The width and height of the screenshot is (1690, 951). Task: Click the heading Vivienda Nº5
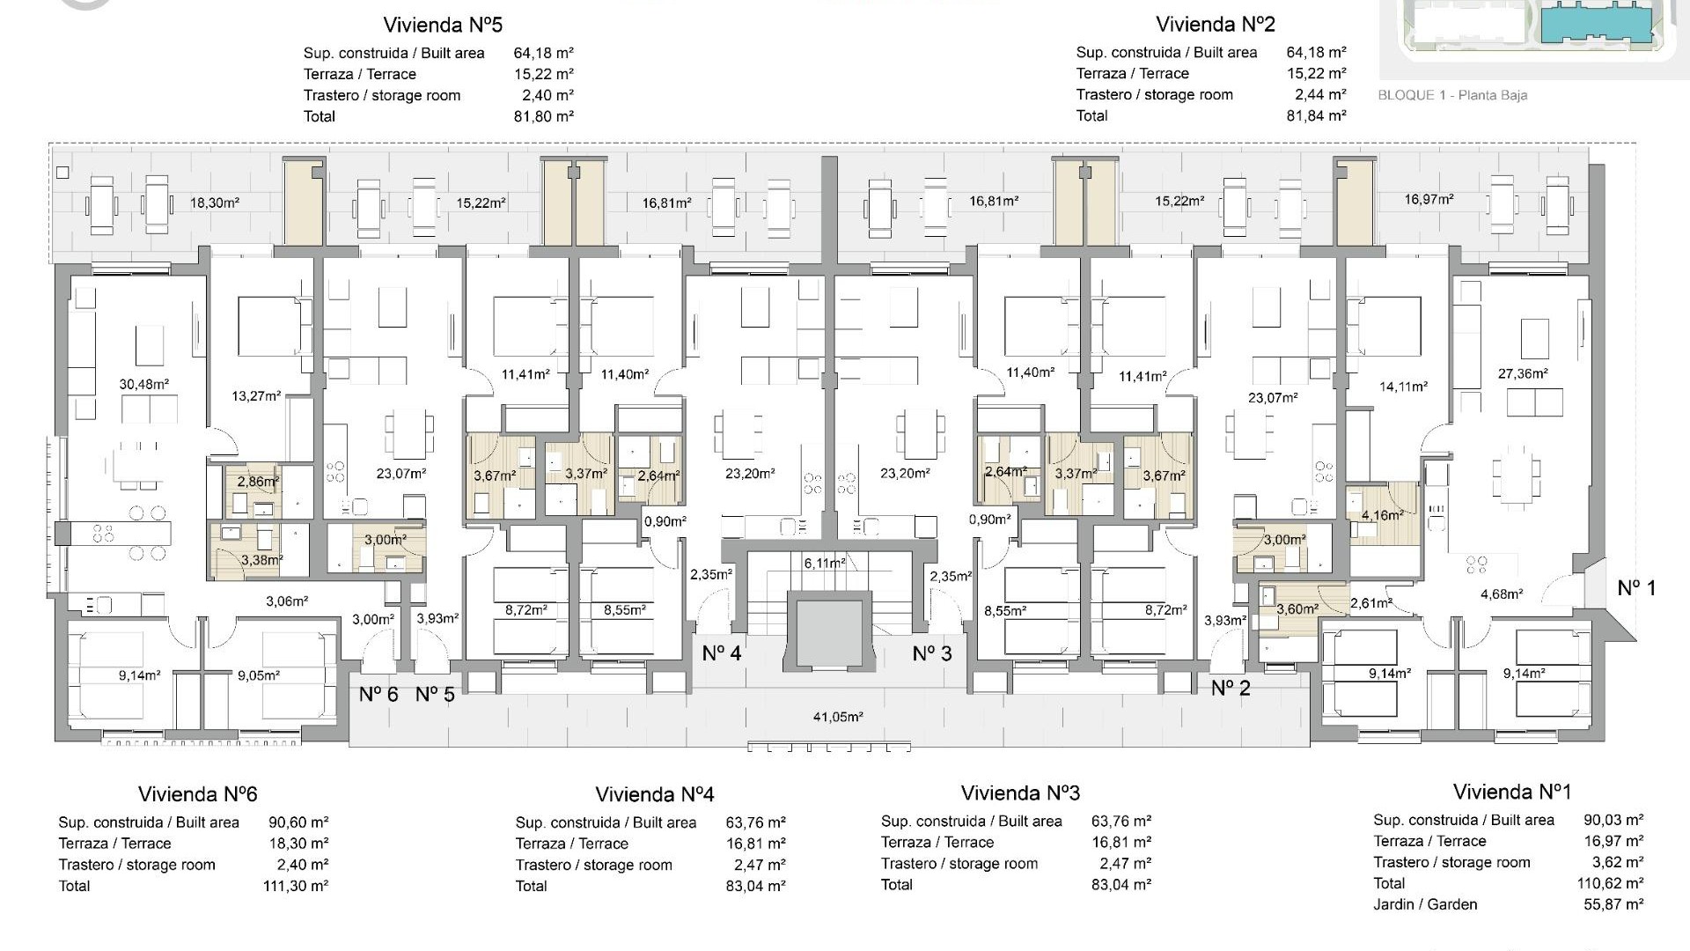443,25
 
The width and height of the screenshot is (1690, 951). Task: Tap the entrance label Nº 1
1636,588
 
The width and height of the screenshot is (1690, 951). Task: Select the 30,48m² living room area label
143,384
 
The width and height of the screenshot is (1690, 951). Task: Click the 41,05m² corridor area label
837,717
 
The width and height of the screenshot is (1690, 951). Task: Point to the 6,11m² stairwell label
824,563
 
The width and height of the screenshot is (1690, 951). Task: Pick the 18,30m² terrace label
215,203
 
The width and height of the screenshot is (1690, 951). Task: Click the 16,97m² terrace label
1429,200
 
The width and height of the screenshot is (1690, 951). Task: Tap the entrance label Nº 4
722,653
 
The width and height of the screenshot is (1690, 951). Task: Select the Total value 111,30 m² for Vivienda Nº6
296,886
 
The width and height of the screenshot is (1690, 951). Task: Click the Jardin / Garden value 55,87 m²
1613,904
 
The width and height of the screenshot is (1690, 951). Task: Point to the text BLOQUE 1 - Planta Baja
1451,95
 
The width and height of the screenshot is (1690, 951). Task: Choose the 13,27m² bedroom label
256,396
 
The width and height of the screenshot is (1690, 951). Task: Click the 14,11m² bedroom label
1403,386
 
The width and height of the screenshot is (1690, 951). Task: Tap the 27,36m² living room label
1523,373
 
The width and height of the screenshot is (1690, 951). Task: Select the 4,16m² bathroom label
1382,515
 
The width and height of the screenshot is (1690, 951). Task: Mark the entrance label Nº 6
378,695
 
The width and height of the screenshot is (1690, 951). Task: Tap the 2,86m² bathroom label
258,482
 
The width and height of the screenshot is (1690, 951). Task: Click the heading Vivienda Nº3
1020,793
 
